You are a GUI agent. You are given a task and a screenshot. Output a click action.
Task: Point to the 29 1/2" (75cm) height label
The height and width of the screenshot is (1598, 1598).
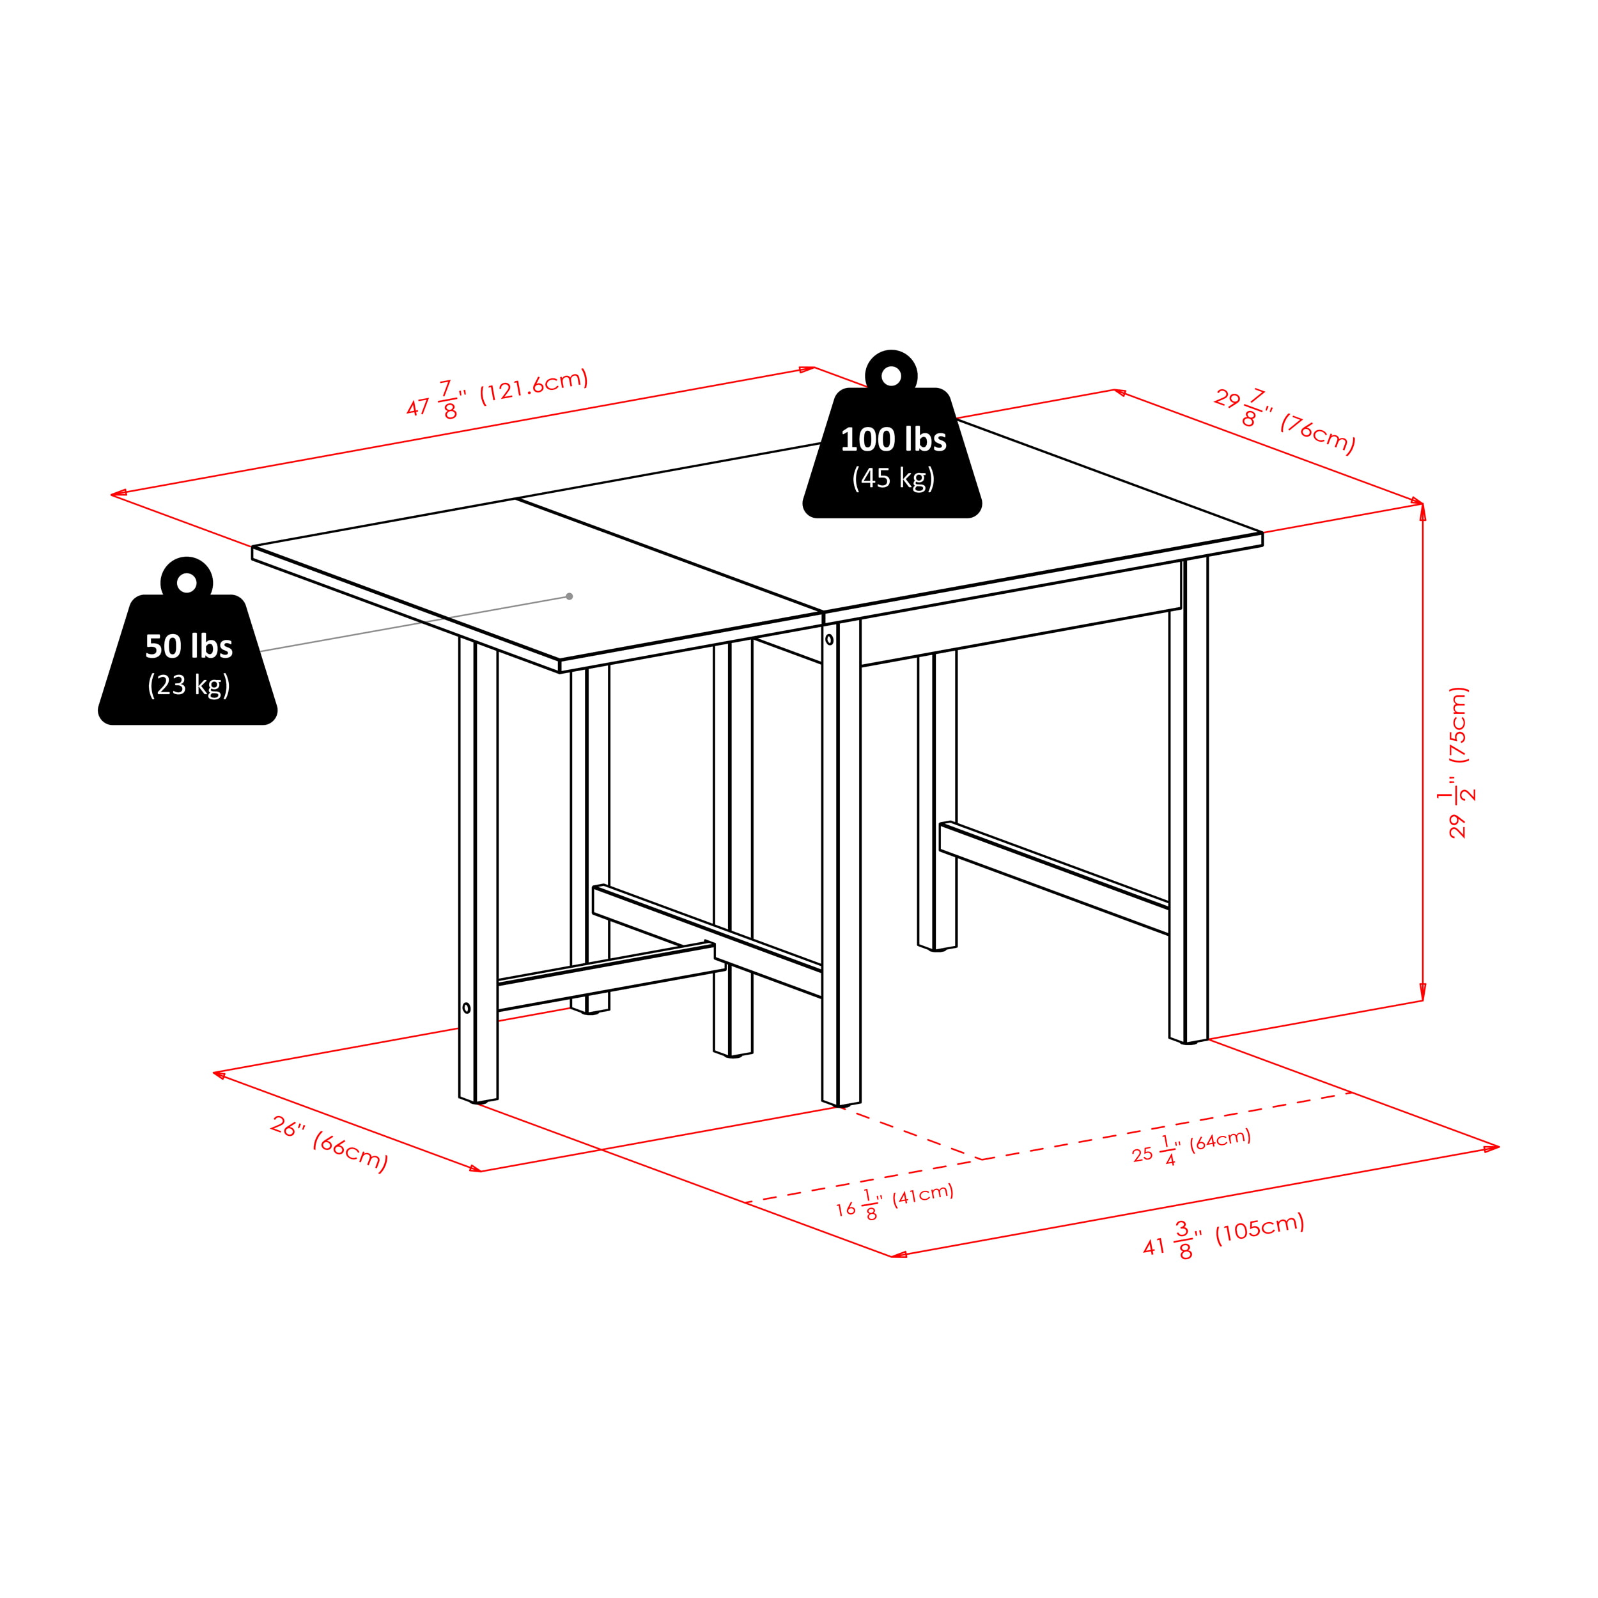[1457, 762]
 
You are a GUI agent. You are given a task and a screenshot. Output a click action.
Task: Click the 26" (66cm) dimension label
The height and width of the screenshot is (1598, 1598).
[329, 1144]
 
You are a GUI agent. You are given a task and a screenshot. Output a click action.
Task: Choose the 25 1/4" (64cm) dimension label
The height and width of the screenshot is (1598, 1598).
[1191, 1146]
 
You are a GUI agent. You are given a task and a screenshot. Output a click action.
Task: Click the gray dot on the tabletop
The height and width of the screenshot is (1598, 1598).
[569, 596]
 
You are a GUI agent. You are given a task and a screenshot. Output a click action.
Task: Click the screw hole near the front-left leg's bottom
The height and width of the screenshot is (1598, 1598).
[467, 1007]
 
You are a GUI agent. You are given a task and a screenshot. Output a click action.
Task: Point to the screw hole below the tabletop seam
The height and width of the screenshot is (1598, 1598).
[830, 639]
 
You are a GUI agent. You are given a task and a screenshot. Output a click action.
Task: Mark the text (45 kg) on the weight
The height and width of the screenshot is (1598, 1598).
[894, 479]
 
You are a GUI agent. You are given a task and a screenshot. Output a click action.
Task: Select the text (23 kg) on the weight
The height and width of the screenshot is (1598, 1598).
[189, 686]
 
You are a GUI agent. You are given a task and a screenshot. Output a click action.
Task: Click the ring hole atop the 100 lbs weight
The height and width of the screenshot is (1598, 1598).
[892, 376]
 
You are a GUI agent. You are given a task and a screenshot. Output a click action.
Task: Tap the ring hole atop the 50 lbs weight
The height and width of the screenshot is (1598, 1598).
[187, 583]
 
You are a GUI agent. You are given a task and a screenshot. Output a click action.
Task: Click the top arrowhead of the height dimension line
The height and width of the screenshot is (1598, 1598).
[1423, 512]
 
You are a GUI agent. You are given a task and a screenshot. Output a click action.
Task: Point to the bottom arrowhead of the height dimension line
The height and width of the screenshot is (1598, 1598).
[1423, 992]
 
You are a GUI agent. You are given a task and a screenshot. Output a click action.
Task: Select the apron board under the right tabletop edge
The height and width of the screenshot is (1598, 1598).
[1021, 613]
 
